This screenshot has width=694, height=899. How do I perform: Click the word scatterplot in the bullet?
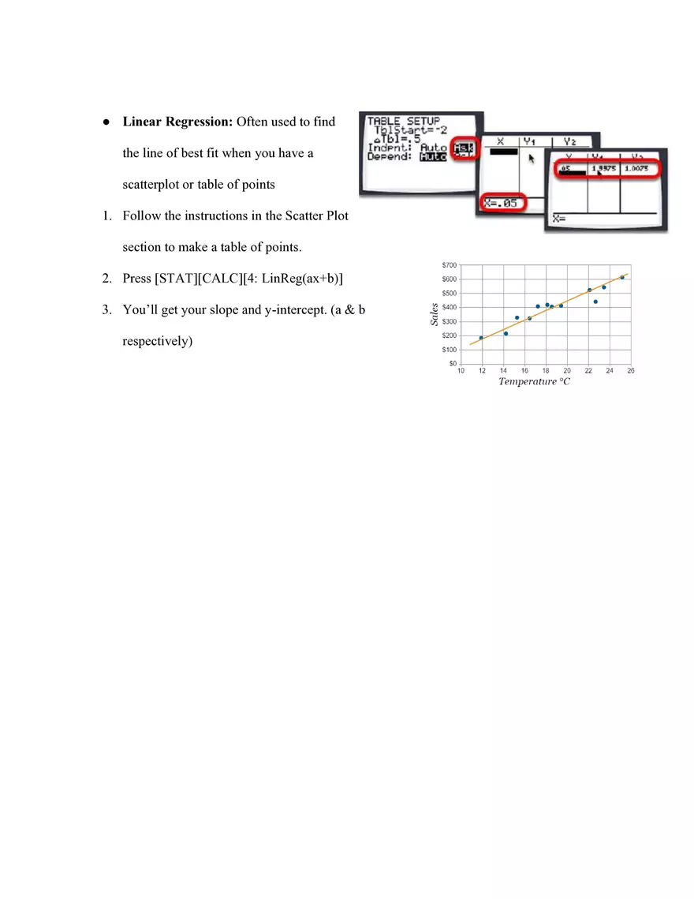tap(151, 185)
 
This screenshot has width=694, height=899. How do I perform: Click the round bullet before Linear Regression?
tap(106, 123)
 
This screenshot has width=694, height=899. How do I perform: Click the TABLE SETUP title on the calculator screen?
tap(403, 121)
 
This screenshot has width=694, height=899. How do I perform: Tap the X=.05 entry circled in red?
tap(503, 204)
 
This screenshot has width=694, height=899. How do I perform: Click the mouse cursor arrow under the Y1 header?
tap(532, 159)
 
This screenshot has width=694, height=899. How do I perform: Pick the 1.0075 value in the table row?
tap(636, 169)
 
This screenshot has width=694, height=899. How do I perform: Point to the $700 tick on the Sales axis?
tap(448, 264)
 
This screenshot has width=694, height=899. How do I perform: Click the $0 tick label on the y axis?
tap(452, 364)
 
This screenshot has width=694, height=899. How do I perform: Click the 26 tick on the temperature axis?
tap(631, 370)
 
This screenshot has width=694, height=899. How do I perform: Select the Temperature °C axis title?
tap(534, 382)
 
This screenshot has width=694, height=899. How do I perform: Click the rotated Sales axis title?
tap(434, 316)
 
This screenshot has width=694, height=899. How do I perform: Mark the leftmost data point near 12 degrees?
tap(481, 338)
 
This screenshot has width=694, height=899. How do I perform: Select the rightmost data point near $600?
tap(622, 277)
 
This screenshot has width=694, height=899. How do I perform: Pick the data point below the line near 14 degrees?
tap(506, 333)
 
